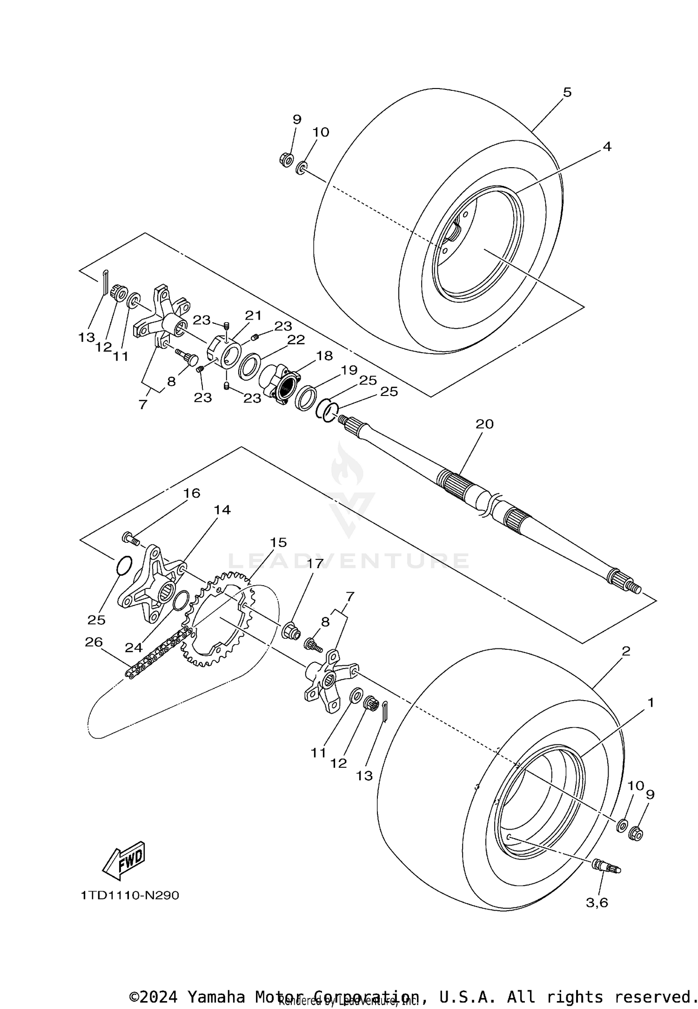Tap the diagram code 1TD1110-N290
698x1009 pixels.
[130, 895]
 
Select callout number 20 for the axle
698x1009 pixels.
[484, 424]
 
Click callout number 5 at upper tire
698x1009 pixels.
[566, 92]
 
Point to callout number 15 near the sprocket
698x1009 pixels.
[278, 542]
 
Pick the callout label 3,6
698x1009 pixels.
[597, 902]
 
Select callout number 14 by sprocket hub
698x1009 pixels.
[222, 510]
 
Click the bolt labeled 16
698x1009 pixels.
[130, 539]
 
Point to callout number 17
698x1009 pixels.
[315, 564]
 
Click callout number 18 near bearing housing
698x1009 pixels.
[324, 356]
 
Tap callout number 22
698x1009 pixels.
[295, 340]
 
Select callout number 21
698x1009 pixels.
[254, 315]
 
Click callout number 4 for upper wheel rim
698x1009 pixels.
[606, 146]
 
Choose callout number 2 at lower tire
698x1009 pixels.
[626, 651]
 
